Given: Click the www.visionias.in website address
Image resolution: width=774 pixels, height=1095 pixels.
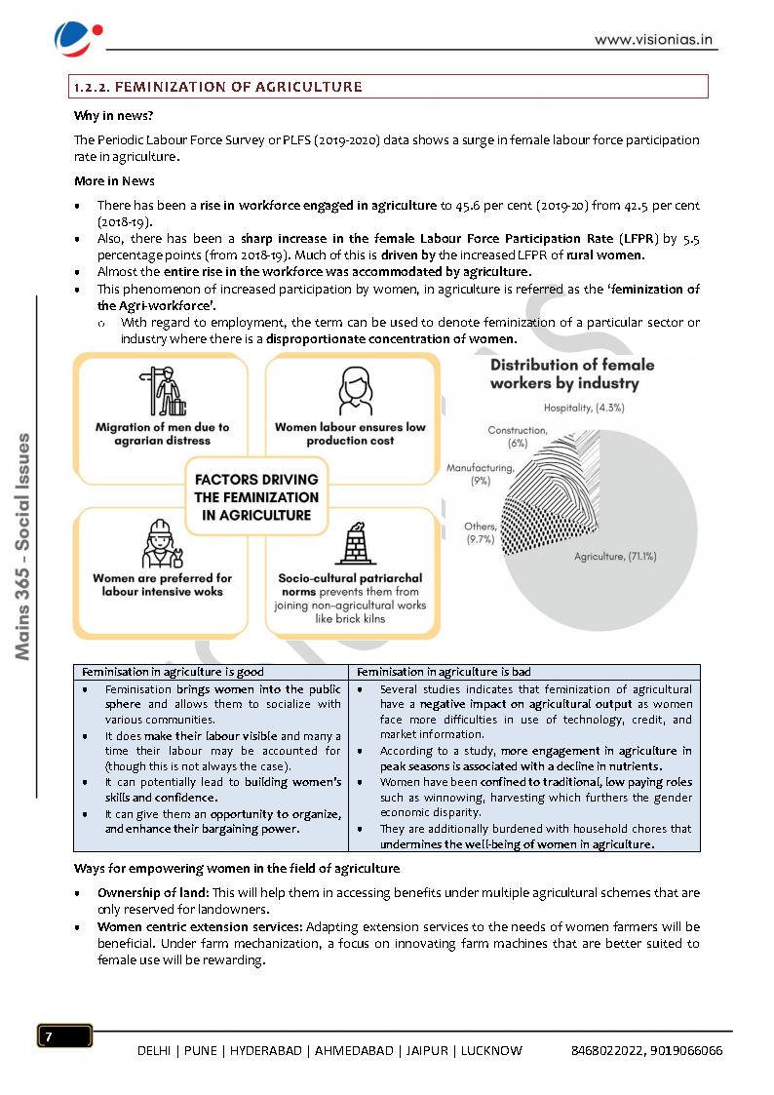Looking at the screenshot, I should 655,40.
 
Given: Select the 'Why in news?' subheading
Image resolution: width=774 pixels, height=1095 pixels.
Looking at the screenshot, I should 106,115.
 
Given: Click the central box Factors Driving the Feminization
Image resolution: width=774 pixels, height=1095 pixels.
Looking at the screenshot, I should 256,497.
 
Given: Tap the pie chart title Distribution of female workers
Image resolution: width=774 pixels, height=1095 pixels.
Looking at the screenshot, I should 571,373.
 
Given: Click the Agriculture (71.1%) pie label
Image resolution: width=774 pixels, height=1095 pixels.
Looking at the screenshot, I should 614,557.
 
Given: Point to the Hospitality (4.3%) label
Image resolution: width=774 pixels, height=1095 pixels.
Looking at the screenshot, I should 583,408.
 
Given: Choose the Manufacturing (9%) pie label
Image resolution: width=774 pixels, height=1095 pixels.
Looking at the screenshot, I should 480,474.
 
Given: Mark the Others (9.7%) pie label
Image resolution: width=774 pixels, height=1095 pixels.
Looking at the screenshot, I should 480,532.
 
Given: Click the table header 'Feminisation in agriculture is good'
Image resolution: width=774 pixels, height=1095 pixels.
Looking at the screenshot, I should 173,672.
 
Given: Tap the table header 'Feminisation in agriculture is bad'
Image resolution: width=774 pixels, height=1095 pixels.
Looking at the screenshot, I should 444,672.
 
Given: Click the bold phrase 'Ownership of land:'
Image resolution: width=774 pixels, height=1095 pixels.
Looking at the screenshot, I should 153,892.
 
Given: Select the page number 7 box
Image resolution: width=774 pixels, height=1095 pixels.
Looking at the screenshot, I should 64,1036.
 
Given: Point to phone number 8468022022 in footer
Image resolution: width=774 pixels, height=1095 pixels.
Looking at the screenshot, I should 606,1050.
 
